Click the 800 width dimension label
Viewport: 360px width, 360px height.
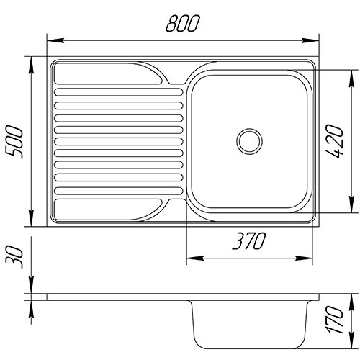[x=183, y=24]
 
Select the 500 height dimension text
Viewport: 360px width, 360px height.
[x=14, y=142]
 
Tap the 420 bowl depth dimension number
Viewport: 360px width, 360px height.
[x=336, y=141]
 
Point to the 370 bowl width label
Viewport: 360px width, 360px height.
[x=249, y=240]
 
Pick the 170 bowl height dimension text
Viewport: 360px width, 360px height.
[x=336, y=320]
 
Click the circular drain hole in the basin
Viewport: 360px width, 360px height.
[x=249, y=141]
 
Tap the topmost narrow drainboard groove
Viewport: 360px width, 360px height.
[x=119, y=92]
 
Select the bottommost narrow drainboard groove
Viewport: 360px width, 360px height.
[x=119, y=191]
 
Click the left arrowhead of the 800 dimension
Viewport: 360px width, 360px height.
[x=55, y=40]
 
